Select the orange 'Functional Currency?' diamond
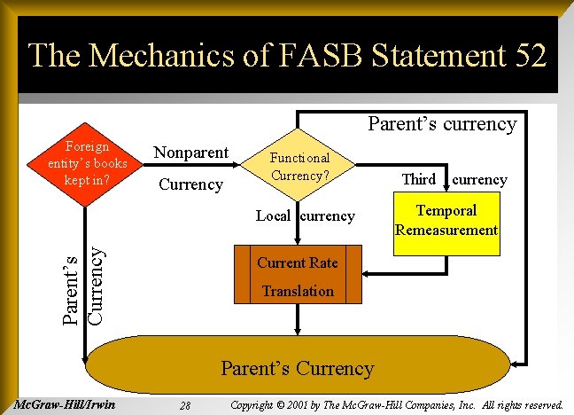(300, 166)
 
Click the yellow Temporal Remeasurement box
(446, 220)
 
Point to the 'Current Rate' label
(298, 262)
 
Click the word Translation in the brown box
(298, 291)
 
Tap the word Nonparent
(190, 152)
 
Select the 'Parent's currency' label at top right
(442, 123)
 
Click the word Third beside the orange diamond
(418, 179)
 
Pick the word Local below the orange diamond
(273, 215)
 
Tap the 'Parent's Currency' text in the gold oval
(297, 367)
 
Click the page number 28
(185, 405)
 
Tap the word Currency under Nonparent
(190, 184)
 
